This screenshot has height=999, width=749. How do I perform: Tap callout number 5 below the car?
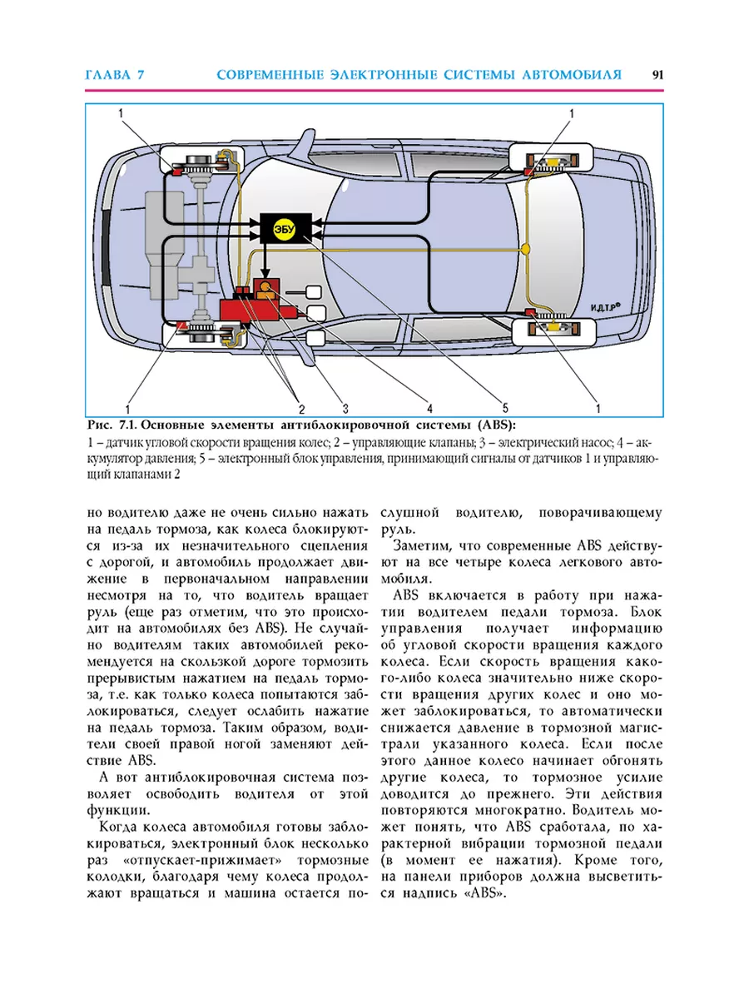[x=505, y=408]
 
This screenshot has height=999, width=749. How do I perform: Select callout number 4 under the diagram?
[x=429, y=408]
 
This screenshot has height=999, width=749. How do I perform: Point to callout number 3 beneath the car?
[x=345, y=408]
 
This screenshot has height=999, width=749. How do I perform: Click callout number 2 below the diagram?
[x=301, y=408]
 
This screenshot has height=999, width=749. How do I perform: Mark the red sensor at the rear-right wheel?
[x=530, y=311]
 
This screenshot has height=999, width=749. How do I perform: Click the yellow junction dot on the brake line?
[x=526, y=249]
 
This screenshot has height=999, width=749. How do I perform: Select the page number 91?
[x=657, y=75]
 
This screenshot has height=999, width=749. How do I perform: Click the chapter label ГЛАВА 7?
[x=115, y=75]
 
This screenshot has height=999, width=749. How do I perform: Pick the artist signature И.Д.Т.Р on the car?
[x=605, y=308]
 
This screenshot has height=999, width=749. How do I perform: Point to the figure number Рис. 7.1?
[x=113, y=425]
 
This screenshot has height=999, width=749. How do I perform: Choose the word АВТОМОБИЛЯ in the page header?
[x=572, y=75]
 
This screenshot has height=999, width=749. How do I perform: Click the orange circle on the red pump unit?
[x=266, y=286]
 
